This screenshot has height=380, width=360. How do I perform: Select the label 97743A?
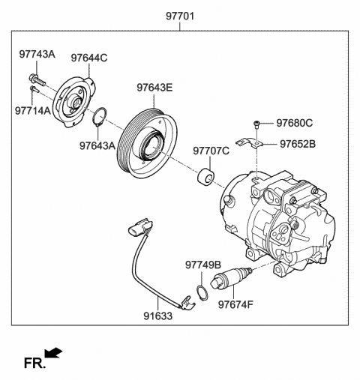(x=37, y=55)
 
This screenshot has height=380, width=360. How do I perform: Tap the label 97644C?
(x=89, y=57)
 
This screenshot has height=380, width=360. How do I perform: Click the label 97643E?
(x=154, y=88)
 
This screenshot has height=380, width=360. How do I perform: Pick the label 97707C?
(x=211, y=151)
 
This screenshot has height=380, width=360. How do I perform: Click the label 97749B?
(x=203, y=265)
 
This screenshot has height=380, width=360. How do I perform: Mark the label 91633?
(x=158, y=316)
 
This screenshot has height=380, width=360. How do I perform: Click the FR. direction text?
(x=34, y=364)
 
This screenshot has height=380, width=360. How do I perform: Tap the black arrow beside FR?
(x=54, y=352)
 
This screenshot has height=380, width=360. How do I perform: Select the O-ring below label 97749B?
(x=202, y=291)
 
